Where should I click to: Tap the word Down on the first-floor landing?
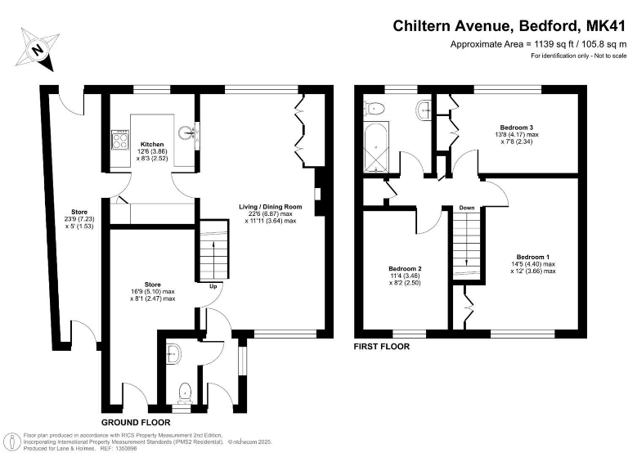click(466, 208)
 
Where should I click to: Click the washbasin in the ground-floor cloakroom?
click(173, 354)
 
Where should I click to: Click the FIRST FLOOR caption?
click(381, 347)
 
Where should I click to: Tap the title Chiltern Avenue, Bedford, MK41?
click(509, 26)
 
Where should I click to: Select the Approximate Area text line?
click(538, 44)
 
